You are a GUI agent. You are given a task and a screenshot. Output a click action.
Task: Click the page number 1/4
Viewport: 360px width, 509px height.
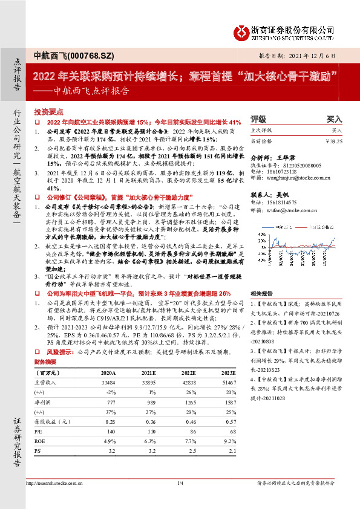tap(180, 500)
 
